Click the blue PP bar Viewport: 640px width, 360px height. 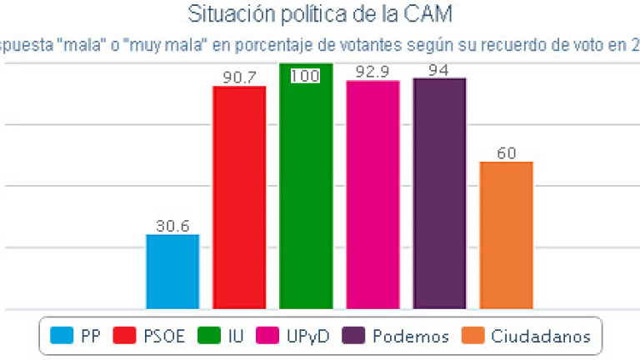172,272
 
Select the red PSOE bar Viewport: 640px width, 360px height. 239,197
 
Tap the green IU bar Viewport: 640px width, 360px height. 306,187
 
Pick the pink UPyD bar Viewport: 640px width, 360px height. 372,195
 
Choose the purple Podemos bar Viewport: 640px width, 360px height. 439,193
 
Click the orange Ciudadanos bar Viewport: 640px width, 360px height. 506,235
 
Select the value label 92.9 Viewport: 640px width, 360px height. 372,72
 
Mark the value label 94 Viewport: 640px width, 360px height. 439,70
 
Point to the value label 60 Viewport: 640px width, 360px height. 506,153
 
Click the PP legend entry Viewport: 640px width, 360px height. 76,336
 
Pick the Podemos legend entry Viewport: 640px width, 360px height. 399,336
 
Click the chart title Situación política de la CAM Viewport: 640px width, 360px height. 320,14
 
